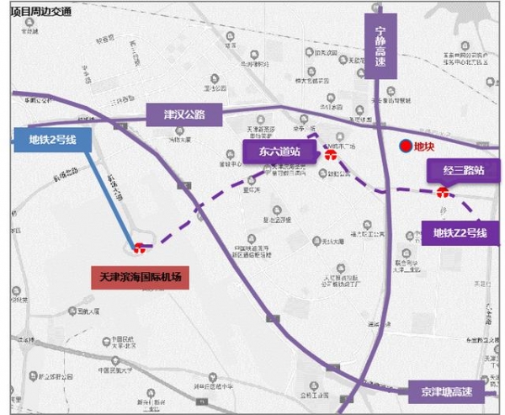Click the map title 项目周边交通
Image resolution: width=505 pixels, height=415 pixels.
pyautogui.click(x=40, y=11)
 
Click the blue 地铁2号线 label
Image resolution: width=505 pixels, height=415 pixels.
pyautogui.click(x=52, y=141)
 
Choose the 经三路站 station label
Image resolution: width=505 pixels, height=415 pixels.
pyautogui.click(x=456, y=172)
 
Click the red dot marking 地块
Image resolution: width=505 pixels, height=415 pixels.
pyautogui.click(x=406, y=146)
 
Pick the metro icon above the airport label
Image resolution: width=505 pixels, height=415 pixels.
pyautogui.click(x=139, y=247)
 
